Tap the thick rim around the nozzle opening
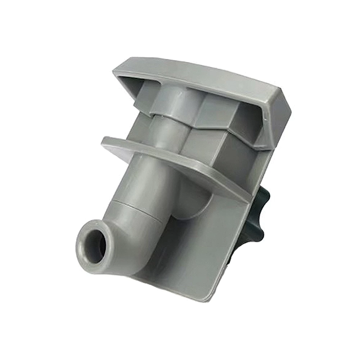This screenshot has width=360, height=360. pyautogui.click(x=84, y=252)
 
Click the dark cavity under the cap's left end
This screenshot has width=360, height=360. pyautogui.click(x=131, y=86)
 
